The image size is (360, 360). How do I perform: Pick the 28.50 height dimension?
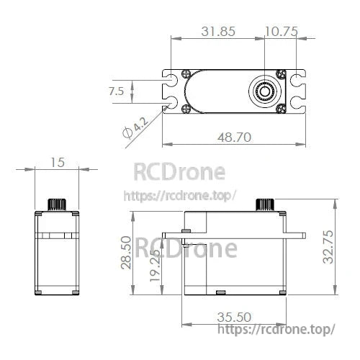(127, 253)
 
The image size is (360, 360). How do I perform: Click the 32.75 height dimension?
(328, 247)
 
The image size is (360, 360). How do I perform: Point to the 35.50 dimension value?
(234, 317)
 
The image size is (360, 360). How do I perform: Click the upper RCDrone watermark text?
(180, 172)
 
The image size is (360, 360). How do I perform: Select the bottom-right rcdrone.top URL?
(276, 329)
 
